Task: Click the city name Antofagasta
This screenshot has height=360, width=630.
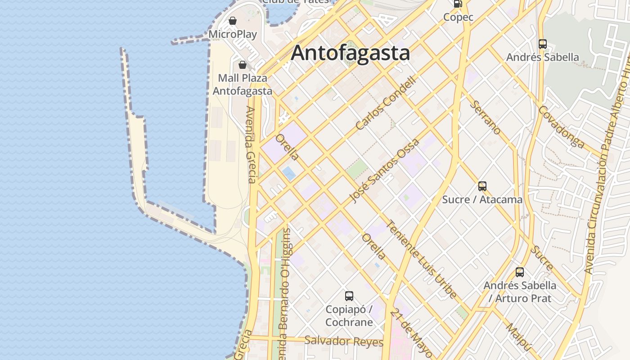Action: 350,53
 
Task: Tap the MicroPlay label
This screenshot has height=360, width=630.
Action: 233,34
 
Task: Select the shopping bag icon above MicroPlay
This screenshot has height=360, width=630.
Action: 233,21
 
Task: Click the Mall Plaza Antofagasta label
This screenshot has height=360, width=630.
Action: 243,84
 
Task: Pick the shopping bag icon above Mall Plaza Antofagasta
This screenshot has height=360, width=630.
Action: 243,65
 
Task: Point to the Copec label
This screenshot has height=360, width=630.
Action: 458,17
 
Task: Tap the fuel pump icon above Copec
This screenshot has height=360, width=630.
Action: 458,4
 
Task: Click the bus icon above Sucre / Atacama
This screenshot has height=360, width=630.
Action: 482,186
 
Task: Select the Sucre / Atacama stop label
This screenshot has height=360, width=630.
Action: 482,199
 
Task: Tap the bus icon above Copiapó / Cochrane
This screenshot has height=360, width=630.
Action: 349,296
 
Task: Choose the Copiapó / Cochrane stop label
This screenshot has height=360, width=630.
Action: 349,316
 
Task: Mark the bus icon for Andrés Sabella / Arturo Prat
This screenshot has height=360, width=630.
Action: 520,272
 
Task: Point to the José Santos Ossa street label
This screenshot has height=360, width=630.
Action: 385,171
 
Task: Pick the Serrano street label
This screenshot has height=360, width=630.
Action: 486,117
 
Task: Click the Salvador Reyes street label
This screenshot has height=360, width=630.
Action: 343,341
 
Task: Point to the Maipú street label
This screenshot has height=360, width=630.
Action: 519,337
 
